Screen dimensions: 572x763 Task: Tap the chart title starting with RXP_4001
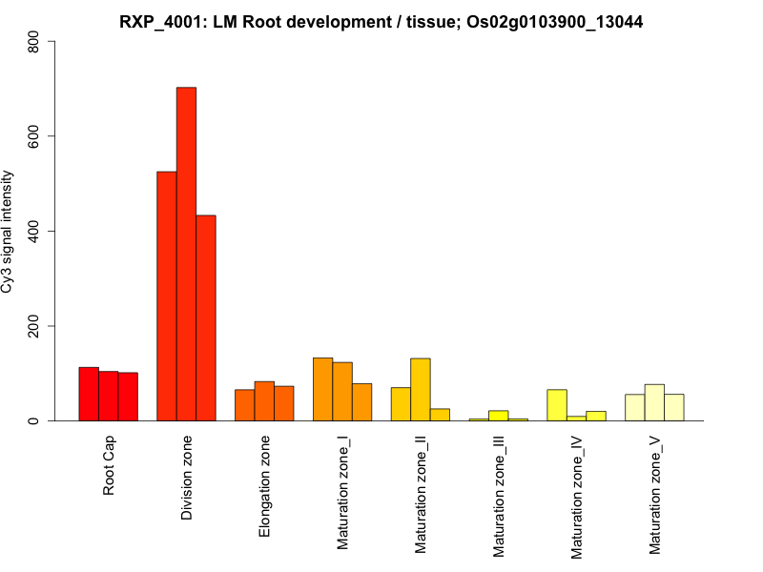coord(381,22)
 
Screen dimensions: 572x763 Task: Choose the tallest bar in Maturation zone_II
coord(421,389)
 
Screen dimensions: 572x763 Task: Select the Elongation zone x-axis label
coord(264,485)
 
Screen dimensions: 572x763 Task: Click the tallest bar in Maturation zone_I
coord(322,389)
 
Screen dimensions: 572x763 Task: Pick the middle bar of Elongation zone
coord(264,401)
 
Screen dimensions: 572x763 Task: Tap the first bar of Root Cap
coord(89,394)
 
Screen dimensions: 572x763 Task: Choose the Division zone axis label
coord(186,478)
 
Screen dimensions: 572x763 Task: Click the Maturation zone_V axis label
coord(655,495)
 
